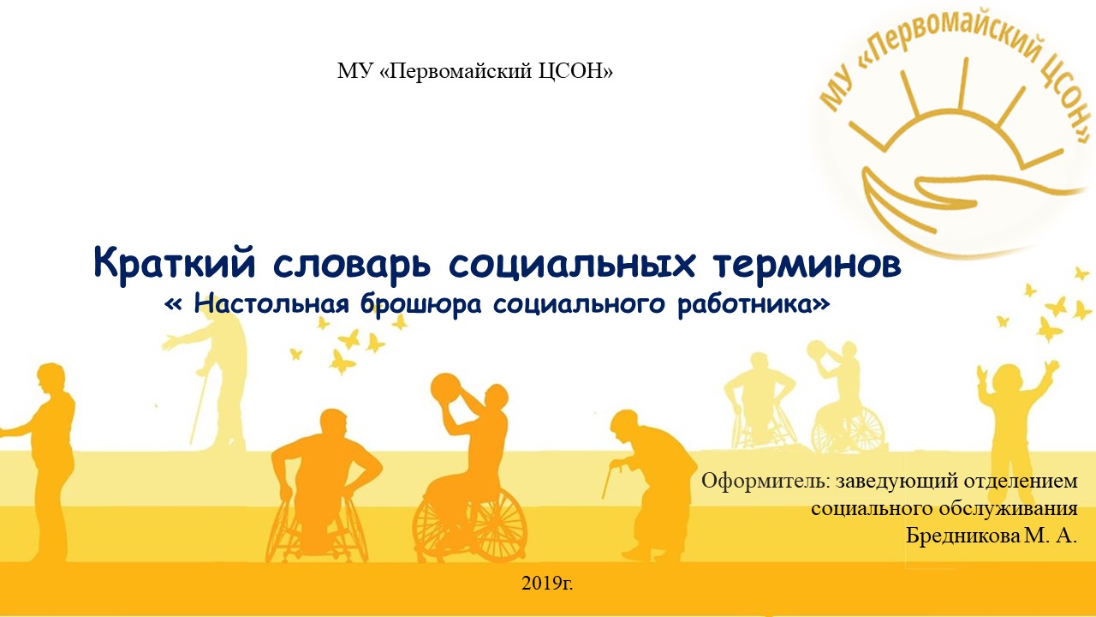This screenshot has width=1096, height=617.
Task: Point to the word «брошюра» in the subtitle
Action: (x=420, y=304)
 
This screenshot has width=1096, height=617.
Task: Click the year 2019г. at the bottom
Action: (x=547, y=584)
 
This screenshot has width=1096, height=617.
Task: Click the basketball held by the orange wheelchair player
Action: (x=446, y=388)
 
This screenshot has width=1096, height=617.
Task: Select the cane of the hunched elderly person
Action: (x=611, y=482)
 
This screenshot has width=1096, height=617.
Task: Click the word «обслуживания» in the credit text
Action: (x=1009, y=510)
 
